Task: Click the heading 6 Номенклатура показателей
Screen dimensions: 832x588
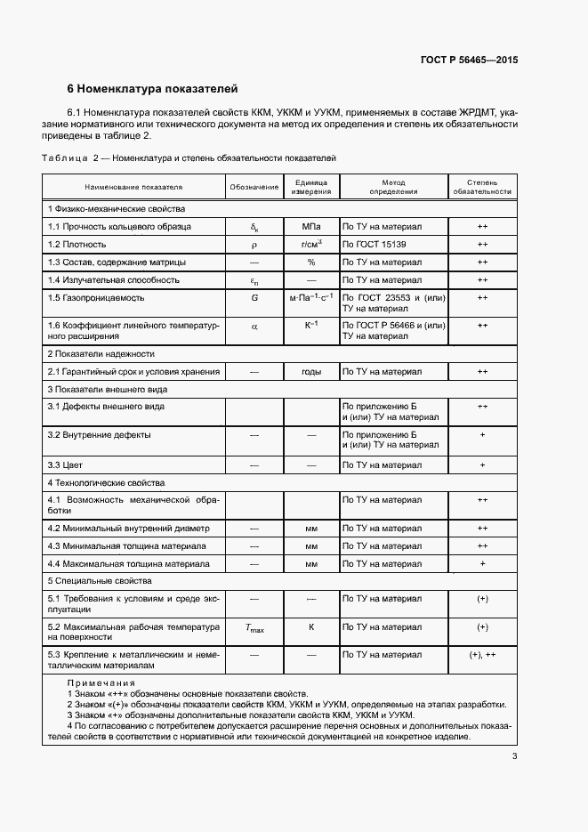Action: point(153,89)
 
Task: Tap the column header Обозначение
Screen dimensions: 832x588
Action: point(254,188)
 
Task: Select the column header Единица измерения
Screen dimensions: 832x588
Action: point(311,188)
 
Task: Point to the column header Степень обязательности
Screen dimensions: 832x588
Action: point(482,188)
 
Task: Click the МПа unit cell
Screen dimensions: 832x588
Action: point(311,227)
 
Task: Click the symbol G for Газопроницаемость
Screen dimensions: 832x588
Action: point(254,297)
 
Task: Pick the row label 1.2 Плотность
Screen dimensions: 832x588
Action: point(77,244)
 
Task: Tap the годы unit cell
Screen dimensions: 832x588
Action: point(311,371)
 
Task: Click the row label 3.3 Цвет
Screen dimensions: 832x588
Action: point(66,464)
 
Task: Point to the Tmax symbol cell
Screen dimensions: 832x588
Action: point(254,628)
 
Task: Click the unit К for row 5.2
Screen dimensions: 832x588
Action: point(311,627)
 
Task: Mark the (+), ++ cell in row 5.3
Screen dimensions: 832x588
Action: point(482,655)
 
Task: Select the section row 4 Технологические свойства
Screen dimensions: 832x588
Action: point(106,482)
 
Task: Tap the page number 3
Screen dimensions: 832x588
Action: point(514,756)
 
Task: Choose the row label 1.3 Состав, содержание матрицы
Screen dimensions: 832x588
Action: point(117,263)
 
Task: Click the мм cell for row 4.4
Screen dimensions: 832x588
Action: point(311,564)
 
